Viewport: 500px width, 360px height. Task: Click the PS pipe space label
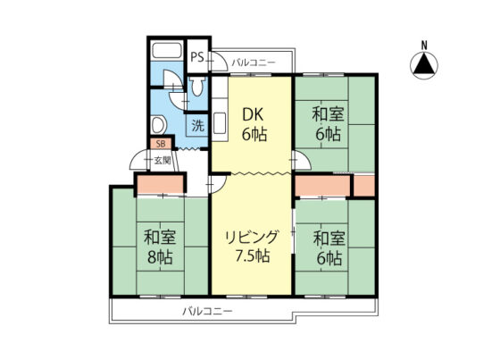[197, 57]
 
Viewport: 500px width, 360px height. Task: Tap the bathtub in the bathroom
[166, 50]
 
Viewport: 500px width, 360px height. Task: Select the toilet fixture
[197, 86]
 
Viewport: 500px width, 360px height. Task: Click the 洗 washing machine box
[197, 125]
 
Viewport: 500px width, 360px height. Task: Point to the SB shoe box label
[161, 144]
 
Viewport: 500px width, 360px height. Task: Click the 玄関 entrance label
[162, 160]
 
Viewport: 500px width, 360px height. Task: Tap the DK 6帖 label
[254, 125]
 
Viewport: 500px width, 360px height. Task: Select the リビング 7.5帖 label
[252, 246]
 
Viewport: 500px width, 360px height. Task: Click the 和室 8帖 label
[160, 247]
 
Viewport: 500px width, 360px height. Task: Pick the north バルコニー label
[254, 63]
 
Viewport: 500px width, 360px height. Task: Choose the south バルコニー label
[207, 311]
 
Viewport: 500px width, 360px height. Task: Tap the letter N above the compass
[424, 46]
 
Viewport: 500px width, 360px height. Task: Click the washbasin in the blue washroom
[159, 125]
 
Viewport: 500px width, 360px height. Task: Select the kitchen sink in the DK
[220, 123]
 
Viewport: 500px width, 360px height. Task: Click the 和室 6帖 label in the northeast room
[329, 124]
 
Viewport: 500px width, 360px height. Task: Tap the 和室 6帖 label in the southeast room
[329, 248]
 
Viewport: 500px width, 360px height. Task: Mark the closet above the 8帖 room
[161, 184]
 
